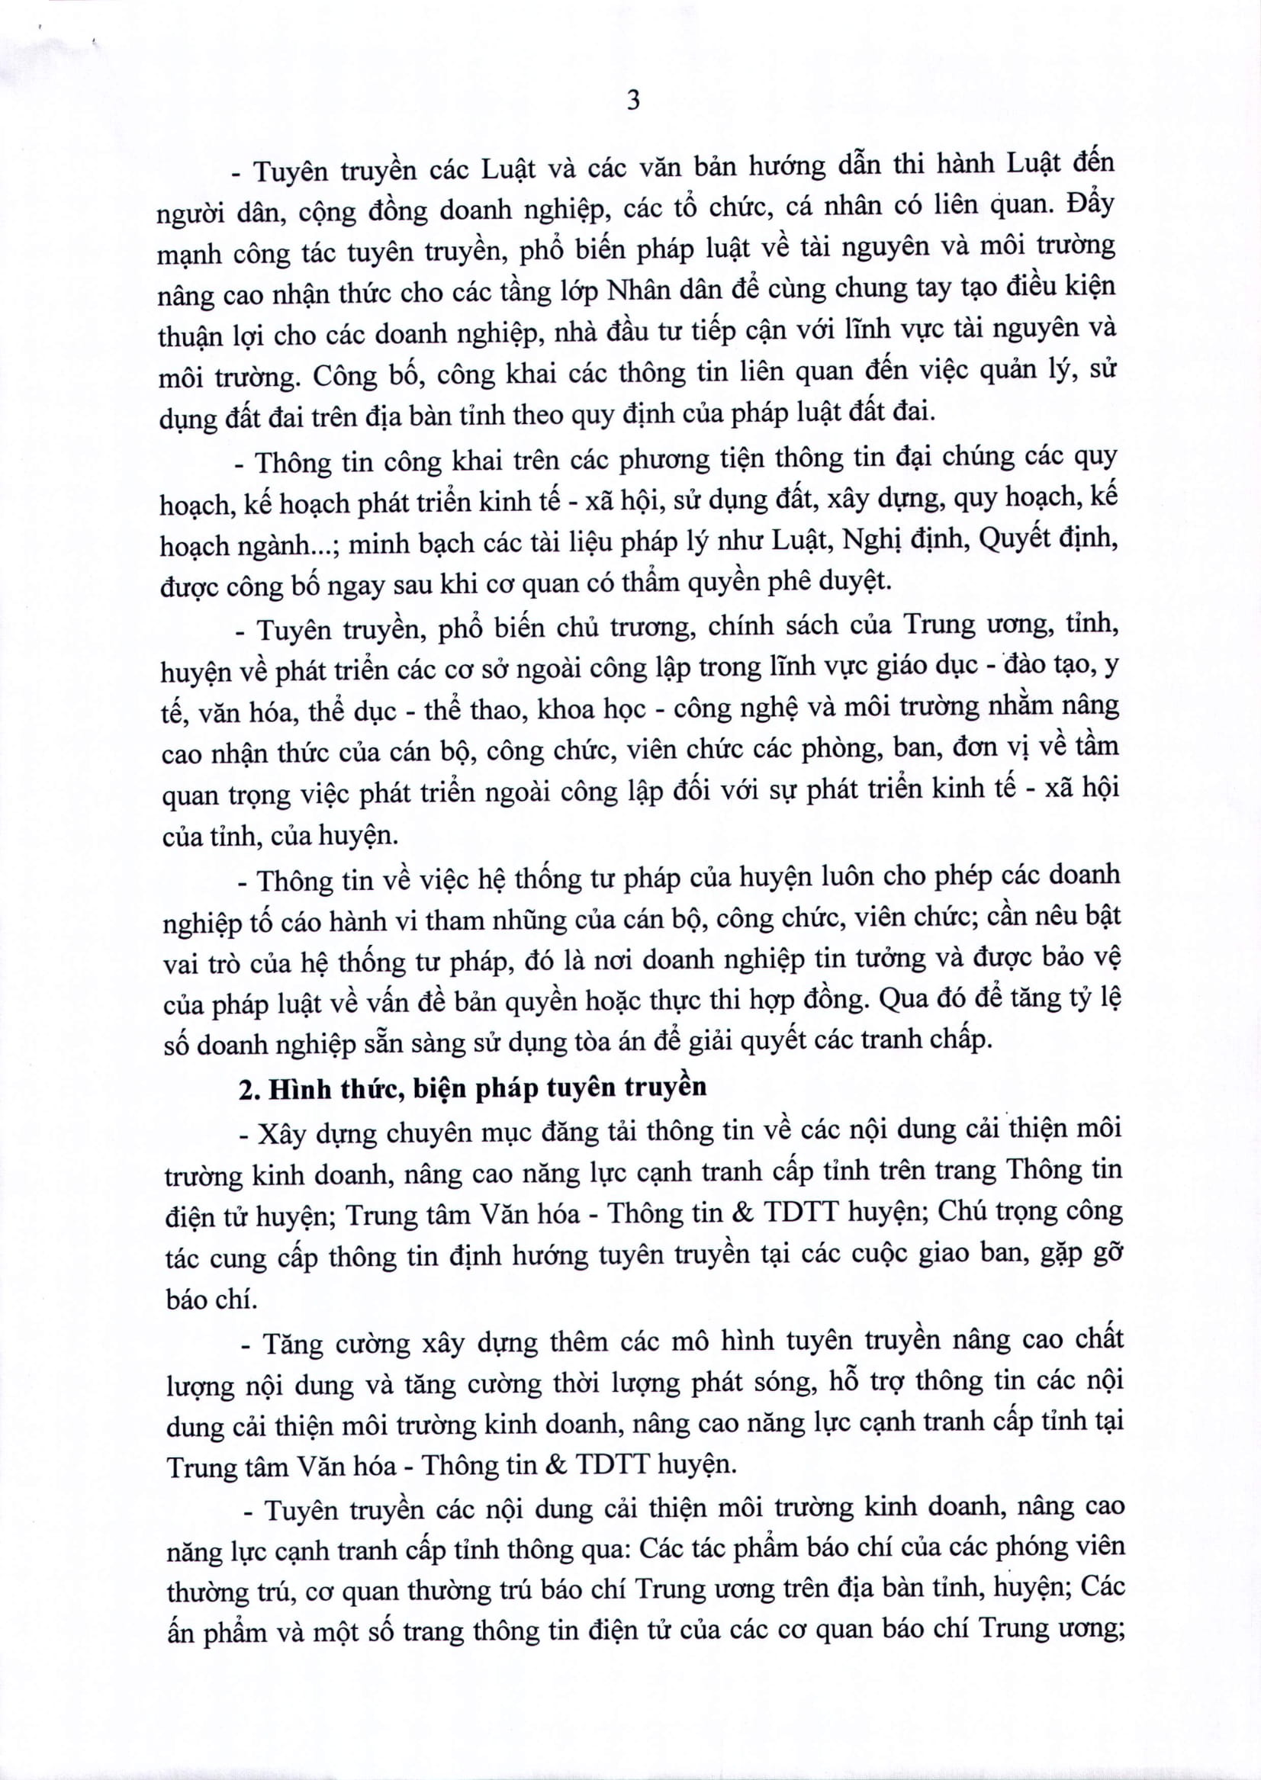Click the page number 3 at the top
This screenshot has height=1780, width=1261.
tap(633, 100)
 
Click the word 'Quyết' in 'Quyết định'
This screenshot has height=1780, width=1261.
tap(1015, 540)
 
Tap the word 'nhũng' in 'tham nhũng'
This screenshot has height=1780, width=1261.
tap(529, 920)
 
